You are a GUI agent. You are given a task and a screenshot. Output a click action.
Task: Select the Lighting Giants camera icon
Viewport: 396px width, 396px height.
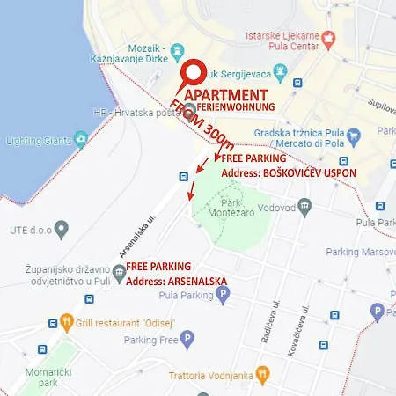(81, 138)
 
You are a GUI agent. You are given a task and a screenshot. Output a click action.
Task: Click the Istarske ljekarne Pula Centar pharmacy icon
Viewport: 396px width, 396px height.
(330, 39)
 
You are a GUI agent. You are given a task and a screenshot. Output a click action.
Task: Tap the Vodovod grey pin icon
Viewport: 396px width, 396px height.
(304, 206)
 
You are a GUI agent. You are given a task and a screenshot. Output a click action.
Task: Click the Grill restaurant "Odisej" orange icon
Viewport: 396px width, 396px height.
(67, 322)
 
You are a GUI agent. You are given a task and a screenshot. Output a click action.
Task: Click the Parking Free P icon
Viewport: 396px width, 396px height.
(188, 340)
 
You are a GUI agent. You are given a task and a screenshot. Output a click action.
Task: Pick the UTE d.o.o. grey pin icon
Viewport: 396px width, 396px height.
(62, 231)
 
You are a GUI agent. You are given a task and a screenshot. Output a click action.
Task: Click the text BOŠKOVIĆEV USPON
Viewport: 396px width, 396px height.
(312, 173)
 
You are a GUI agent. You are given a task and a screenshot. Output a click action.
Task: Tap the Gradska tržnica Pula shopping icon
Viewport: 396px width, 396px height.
(355, 136)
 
